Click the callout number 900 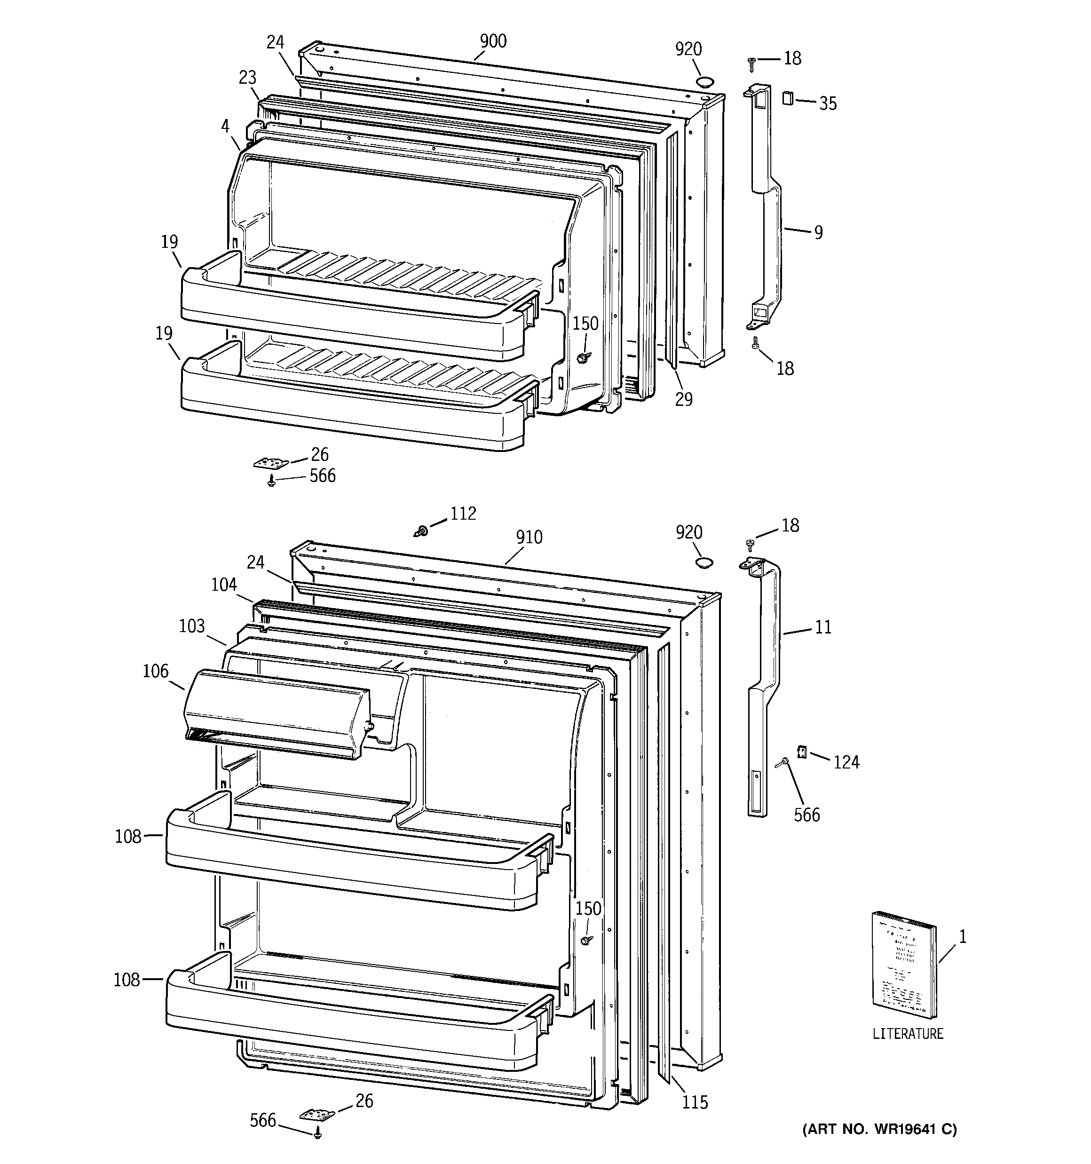pos(493,41)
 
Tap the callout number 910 pos(529,537)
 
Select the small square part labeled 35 pos(788,98)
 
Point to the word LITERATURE pos(908,1050)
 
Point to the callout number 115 pos(695,1102)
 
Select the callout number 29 pos(683,399)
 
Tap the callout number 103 pos(191,626)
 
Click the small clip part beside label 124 pos(803,751)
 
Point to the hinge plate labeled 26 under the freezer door pos(271,463)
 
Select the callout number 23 pos(248,77)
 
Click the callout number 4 pos(225,125)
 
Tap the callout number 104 pos(224,584)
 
